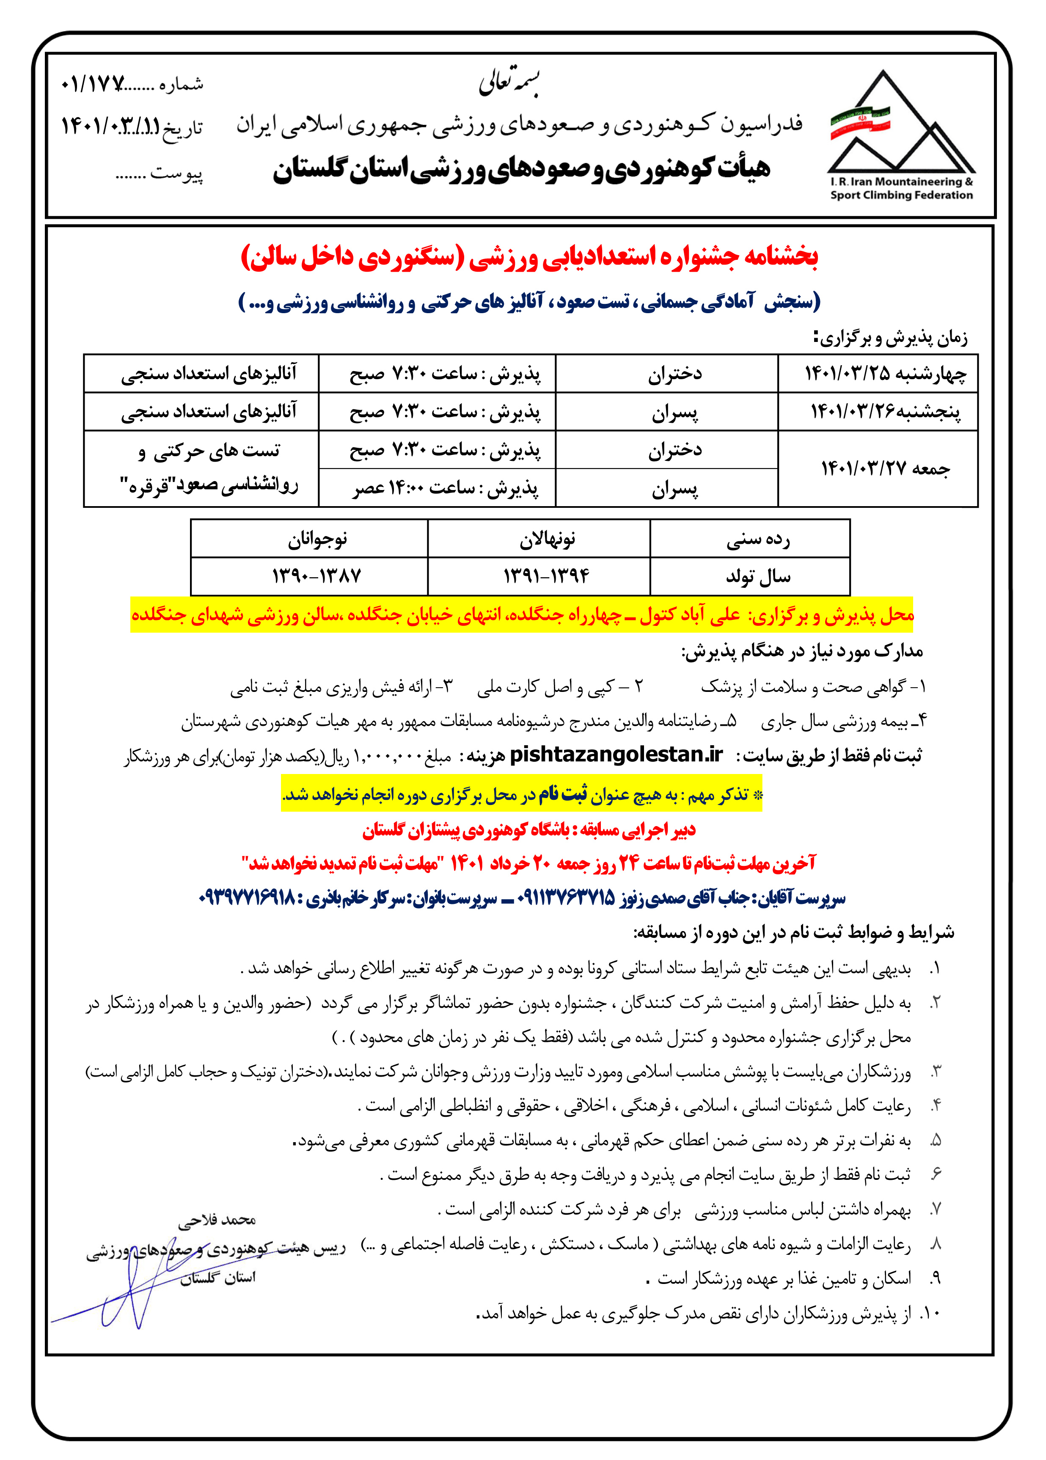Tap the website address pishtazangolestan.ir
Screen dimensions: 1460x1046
(616, 755)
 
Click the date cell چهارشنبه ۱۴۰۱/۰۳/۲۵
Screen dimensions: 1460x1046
(878, 373)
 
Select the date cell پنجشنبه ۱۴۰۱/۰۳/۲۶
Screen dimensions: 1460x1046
(878, 411)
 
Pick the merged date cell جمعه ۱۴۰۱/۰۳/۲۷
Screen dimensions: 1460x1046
(878, 468)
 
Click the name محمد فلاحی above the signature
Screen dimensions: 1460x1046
(217, 1219)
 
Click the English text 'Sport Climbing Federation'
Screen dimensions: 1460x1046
(901, 196)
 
